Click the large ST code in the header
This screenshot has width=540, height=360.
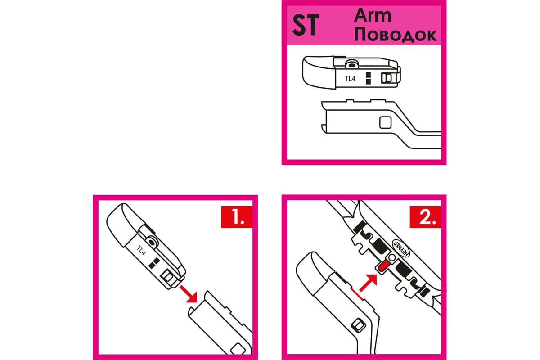[x=306, y=25]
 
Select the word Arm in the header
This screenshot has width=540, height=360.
[x=373, y=15]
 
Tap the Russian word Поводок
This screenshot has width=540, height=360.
[x=396, y=35]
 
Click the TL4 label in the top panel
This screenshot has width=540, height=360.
[x=350, y=79]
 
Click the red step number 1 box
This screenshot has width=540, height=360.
[x=237, y=217]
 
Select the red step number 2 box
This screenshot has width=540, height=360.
[x=425, y=217]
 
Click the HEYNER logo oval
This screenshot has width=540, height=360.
[x=401, y=248]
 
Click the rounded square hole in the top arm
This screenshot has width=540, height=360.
[x=385, y=122]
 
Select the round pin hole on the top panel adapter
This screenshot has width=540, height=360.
[x=352, y=65]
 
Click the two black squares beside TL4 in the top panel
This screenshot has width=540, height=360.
[x=368, y=78]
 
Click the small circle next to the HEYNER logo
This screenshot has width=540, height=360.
[x=392, y=258]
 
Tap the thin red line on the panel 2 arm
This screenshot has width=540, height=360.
[x=357, y=294]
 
